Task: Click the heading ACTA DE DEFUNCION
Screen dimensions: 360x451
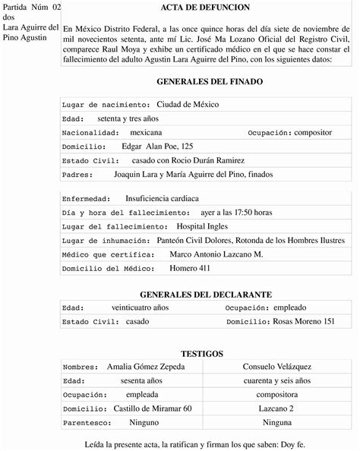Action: [209, 7]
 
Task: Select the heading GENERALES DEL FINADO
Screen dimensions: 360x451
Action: [209, 80]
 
